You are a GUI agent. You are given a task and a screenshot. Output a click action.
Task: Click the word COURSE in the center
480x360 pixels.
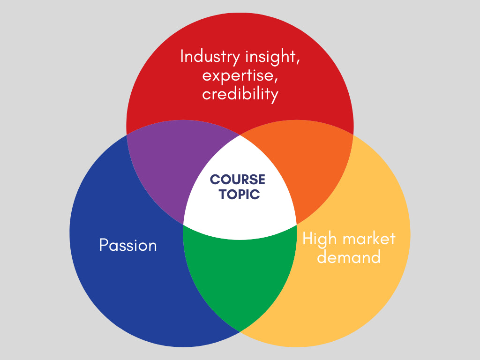click(x=237, y=180)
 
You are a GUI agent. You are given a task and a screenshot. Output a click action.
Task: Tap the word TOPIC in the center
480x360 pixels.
click(x=239, y=195)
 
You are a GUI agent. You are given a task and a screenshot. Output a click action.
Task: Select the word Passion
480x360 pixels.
click(x=128, y=245)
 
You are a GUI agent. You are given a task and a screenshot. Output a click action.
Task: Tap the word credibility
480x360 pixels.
click(x=240, y=94)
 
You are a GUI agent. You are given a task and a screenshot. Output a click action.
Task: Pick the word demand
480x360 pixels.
click(x=349, y=256)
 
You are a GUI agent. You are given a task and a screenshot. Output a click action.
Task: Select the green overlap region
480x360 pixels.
click(x=240, y=277)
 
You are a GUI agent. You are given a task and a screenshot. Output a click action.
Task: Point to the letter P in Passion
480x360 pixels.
click(x=104, y=245)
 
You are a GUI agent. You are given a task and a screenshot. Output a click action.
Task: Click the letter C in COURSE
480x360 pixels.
click(x=215, y=180)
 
